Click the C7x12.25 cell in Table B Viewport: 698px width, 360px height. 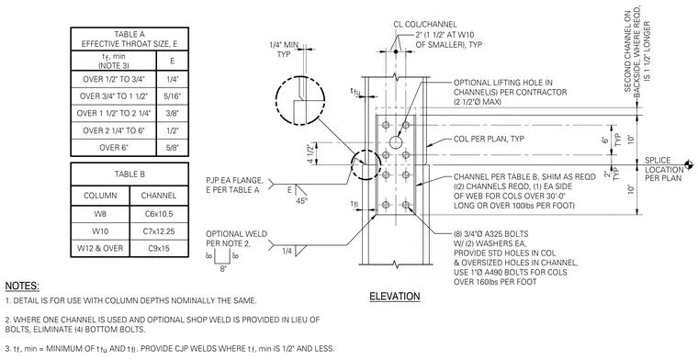pyautogui.click(x=159, y=231)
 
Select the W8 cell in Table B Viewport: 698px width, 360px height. pyautogui.click(x=100, y=214)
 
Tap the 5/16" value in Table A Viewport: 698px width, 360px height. pyautogui.click(x=173, y=96)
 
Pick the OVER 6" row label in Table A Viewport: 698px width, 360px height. pyautogui.click(x=114, y=147)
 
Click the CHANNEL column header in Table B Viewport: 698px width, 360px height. pyautogui.click(x=159, y=196)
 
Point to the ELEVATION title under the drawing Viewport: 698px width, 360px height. pyautogui.click(x=394, y=297)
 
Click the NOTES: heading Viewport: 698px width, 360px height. pyautogui.click(x=22, y=286)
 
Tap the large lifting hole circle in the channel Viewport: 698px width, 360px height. pyautogui.click(x=395, y=142)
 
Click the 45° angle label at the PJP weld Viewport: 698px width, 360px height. pyautogui.click(x=301, y=201)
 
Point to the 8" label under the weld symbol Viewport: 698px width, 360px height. pyautogui.click(x=223, y=269)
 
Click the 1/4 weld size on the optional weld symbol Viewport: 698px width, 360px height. pyautogui.click(x=287, y=252)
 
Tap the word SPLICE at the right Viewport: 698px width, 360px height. pyautogui.click(x=658, y=160)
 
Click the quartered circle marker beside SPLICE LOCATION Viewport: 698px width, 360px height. pyautogui.click(x=689, y=164)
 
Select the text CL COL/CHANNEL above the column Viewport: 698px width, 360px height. pyautogui.click(x=424, y=25)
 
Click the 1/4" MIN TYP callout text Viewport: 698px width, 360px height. pyautogui.click(x=284, y=50)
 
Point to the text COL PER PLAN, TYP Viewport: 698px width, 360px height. pyautogui.click(x=489, y=139)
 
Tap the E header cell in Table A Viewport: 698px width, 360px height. pyautogui.click(x=173, y=61)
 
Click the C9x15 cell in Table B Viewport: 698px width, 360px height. pyautogui.click(x=159, y=248)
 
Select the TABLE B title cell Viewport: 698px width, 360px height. pyautogui.click(x=129, y=174)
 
